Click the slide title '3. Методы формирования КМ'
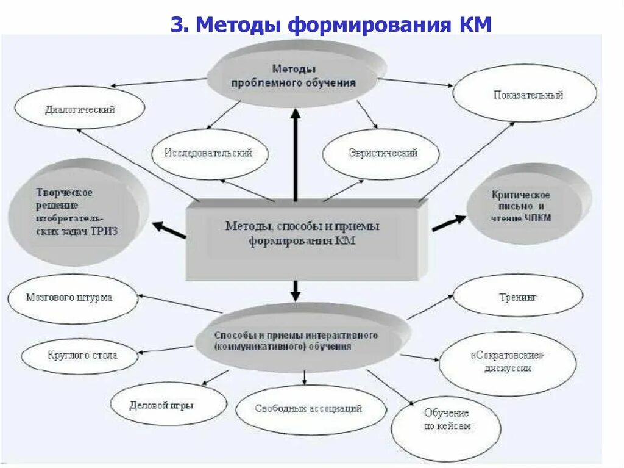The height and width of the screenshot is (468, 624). pyautogui.click(x=330, y=25)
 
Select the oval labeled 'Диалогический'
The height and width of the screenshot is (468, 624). pyautogui.click(x=80, y=110)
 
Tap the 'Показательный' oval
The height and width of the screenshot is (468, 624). pyautogui.click(x=525, y=95)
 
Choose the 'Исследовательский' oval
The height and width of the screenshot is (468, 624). pyautogui.click(x=208, y=153)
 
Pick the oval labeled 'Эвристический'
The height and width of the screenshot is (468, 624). pyautogui.click(x=381, y=153)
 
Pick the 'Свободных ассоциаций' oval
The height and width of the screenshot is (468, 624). pyautogui.click(x=310, y=408)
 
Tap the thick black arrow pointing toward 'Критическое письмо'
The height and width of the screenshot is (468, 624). pyautogui.click(x=448, y=223)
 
